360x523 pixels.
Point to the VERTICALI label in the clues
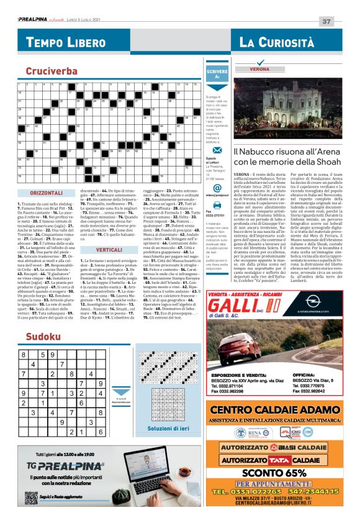pos(109,231)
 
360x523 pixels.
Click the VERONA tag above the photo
pos(259,69)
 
